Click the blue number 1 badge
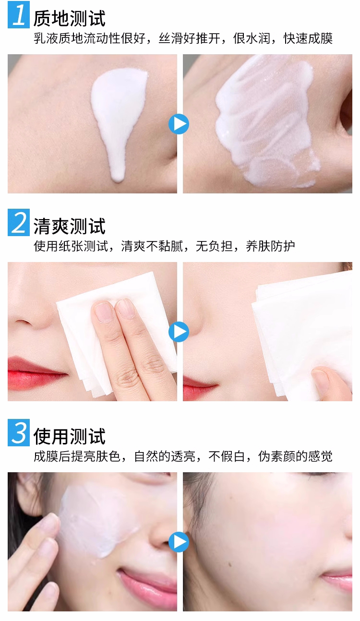19,14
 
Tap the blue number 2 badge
19,222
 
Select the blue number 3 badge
19,432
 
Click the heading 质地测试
69,19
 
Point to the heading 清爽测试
69,226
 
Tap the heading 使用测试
69,436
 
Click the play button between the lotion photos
179,124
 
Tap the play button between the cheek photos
179,542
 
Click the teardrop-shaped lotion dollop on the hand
118,117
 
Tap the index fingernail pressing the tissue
103,311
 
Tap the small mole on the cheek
230,557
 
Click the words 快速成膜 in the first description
308,38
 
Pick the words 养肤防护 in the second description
270,246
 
